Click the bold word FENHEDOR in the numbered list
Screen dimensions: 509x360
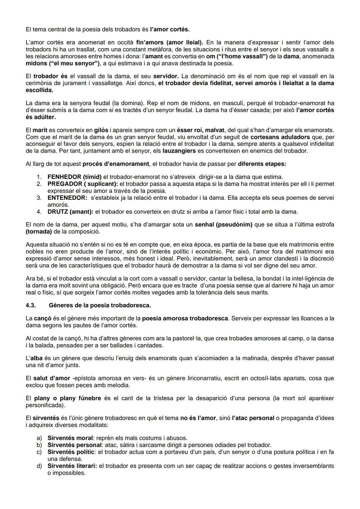tap(64, 177)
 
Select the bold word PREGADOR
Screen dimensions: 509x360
tap(65, 184)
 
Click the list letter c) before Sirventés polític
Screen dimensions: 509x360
tap(39, 452)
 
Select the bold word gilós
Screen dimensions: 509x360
tap(101, 130)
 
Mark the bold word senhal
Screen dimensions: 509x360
tap(204, 225)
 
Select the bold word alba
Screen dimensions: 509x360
tap(36, 358)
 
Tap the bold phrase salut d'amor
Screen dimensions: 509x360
tap(52, 378)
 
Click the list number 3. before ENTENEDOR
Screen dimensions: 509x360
tap(39, 198)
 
